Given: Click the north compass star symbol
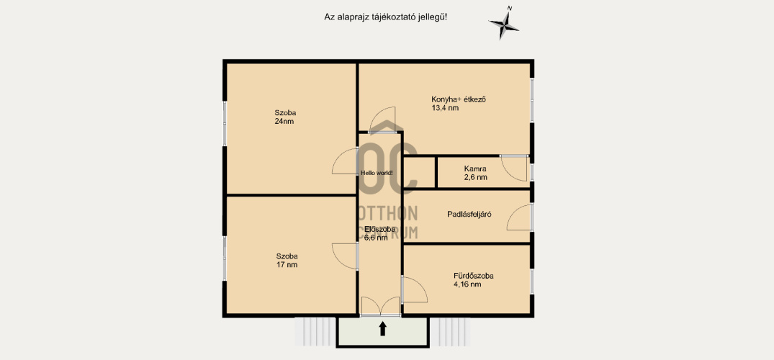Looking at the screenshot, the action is pos(503,24).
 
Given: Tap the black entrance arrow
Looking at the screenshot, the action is pos(382,329).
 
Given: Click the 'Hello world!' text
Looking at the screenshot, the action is pos(377,173).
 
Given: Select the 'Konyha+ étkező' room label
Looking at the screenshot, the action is pos(459,99).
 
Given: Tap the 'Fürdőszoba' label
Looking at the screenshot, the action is pos(474,276).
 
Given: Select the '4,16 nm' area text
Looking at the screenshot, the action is pos(467,284).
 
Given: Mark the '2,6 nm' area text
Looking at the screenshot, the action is pos(476,177).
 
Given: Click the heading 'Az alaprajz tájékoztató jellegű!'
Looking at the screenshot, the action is pos(385,17).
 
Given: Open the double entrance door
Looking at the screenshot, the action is pos(381,306).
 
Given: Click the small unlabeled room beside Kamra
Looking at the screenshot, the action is pos(420,172).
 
